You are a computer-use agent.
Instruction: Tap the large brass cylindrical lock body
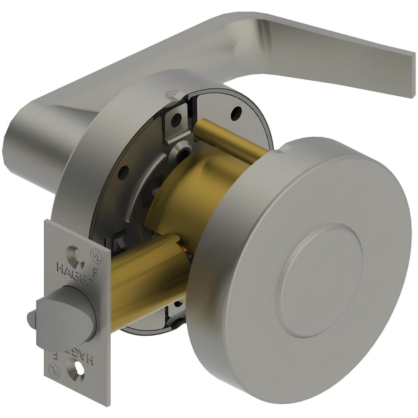coord(184,196)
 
